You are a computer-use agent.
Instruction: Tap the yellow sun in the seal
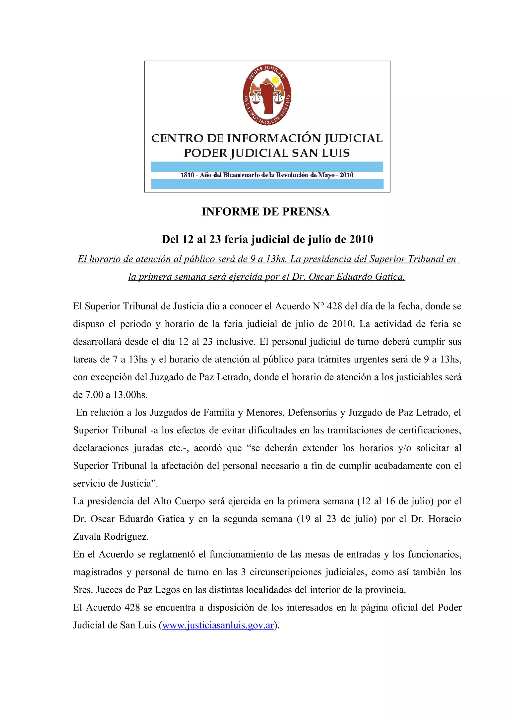click(275, 80)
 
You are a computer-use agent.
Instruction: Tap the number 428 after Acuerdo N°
click(334, 306)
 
